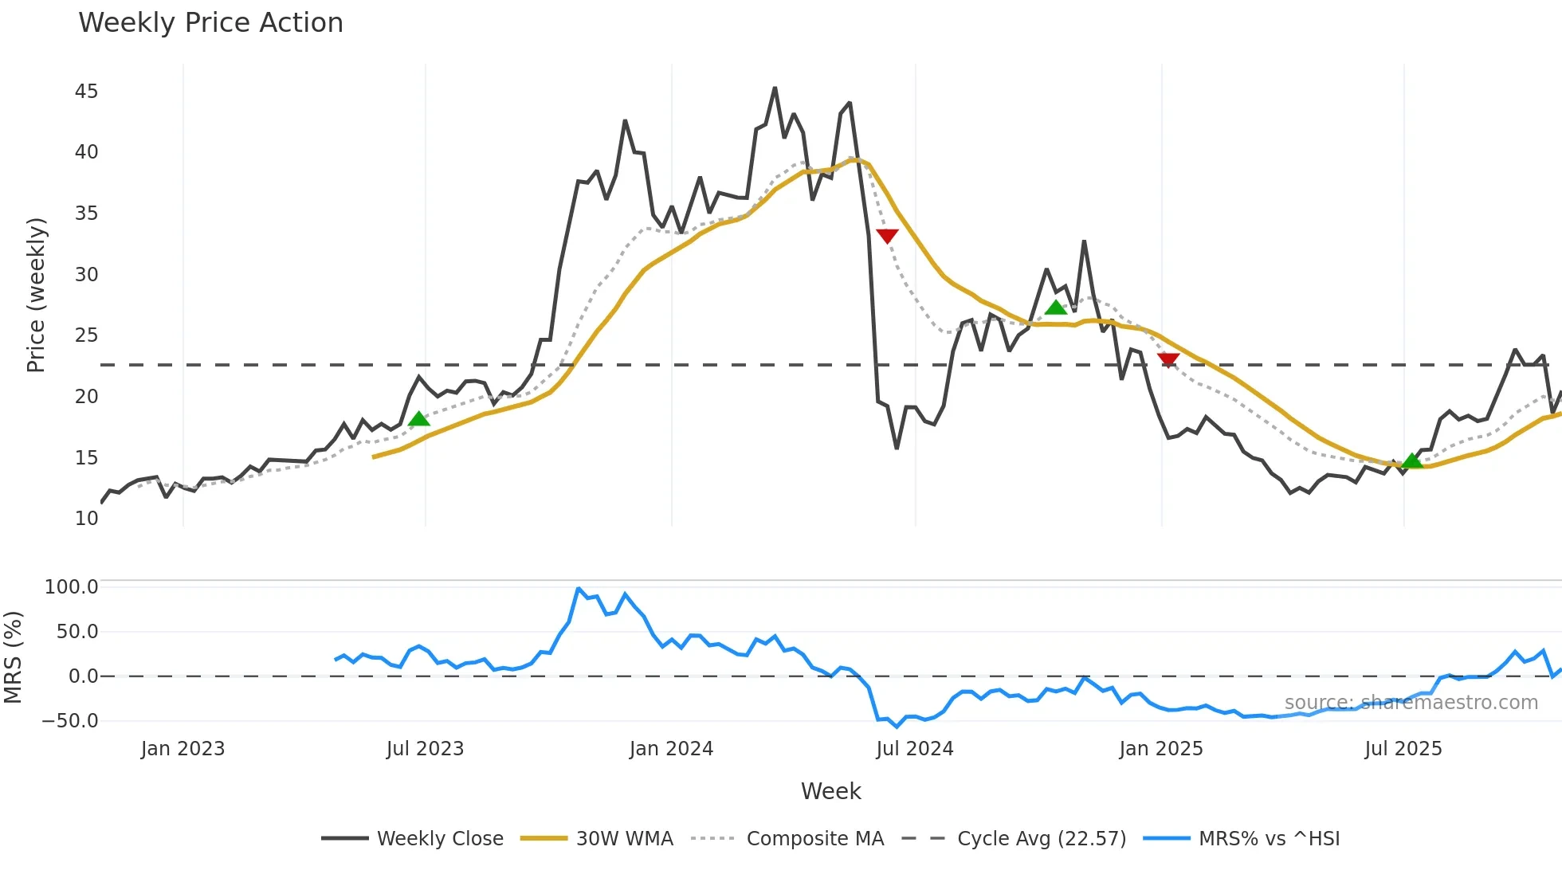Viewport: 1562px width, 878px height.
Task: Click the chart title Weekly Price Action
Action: coord(210,23)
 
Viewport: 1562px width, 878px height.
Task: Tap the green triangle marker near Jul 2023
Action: coord(418,419)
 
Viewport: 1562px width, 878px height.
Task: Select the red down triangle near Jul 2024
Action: coord(887,236)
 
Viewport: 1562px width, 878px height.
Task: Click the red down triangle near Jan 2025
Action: coord(1168,360)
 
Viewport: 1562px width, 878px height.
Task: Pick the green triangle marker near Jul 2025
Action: coord(1412,461)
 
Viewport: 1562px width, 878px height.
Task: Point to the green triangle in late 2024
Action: coord(1056,308)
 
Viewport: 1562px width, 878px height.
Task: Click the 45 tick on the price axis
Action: coord(86,92)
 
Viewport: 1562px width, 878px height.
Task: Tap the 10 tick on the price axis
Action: coord(86,519)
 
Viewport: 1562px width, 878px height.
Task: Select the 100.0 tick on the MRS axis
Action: coord(71,587)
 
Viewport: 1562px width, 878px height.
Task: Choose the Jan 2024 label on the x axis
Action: coord(671,749)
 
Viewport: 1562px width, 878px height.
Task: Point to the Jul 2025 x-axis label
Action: coord(1403,749)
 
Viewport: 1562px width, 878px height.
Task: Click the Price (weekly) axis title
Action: coord(37,295)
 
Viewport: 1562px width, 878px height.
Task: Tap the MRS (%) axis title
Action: coord(14,657)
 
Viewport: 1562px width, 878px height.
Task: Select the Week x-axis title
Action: coord(830,791)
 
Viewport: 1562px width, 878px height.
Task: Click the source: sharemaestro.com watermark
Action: coord(1411,703)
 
